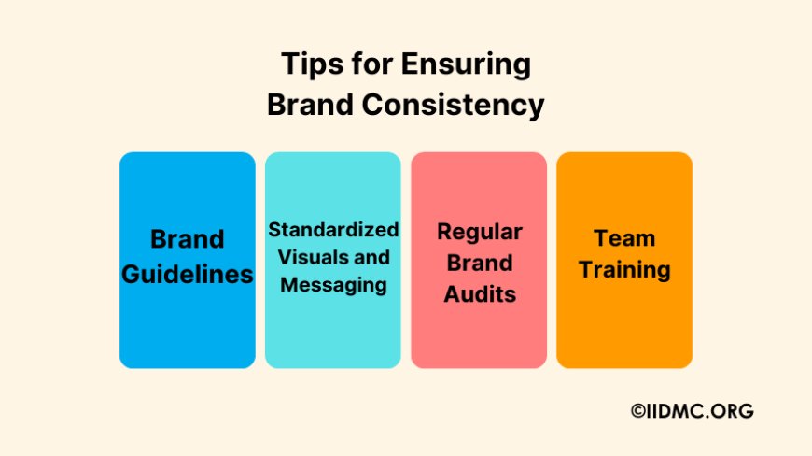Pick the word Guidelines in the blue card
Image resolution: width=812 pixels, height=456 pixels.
pos(188,274)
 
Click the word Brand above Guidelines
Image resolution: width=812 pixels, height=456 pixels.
pos(188,239)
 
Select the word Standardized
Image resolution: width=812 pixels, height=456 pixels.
pos(333,230)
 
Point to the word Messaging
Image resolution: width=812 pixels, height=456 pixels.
pos(333,285)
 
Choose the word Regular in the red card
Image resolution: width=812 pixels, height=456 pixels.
pos(479,231)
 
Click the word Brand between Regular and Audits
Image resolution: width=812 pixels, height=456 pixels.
pos(479,263)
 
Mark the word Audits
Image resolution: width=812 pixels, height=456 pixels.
pos(479,293)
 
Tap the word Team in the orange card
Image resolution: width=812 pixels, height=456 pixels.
pos(624,238)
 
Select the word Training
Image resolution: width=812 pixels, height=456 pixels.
pos(624,270)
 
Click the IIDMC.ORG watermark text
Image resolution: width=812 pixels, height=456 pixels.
pos(701,410)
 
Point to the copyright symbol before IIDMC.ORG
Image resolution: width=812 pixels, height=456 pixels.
pos(638,410)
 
